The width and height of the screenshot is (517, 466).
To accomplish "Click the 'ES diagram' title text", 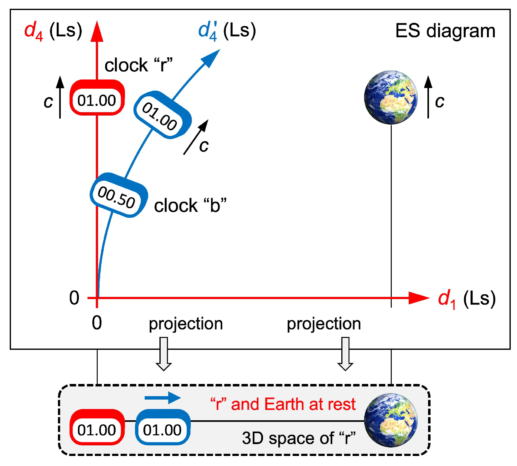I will click(445, 31).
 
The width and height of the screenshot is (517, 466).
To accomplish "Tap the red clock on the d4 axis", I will click(97, 98).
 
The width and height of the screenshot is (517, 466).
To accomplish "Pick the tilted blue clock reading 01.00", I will click(162, 116).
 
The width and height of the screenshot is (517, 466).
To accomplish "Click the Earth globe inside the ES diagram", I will click(390, 97).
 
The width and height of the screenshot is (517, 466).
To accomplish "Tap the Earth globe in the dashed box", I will click(390, 420).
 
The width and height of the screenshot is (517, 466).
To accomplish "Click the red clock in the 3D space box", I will click(97, 427).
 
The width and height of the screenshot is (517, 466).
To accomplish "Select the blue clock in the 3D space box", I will click(163, 427).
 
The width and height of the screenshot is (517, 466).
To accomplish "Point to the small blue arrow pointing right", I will click(163, 398).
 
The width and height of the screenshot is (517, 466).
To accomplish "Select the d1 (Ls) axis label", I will click(466, 299).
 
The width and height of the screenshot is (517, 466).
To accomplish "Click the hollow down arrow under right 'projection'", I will click(345, 354).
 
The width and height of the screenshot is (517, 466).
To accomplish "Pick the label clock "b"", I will click(190, 206).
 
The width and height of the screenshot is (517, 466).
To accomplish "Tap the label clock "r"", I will click(138, 65).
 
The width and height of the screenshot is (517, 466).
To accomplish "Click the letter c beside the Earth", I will click(439, 101).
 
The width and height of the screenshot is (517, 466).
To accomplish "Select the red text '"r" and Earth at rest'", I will click(283, 404).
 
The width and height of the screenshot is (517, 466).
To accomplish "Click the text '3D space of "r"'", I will click(299, 438).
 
